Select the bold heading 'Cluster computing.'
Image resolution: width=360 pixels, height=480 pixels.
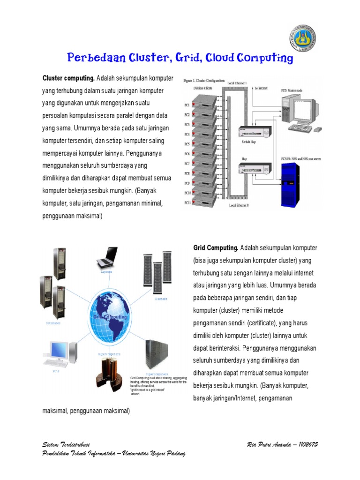click(x=68, y=77)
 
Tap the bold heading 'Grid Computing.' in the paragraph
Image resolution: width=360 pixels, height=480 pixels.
click(x=216, y=247)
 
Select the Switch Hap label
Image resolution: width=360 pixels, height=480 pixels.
click(x=248, y=141)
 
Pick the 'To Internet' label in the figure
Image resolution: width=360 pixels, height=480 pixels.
click(x=262, y=87)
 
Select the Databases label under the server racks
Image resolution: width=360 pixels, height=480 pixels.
click(x=52, y=323)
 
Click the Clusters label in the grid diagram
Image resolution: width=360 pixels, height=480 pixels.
click(x=161, y=298)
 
